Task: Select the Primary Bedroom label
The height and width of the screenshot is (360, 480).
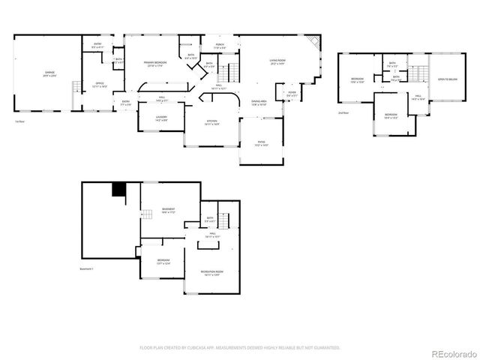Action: [154, 64]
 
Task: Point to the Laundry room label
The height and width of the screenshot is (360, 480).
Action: [161, 118]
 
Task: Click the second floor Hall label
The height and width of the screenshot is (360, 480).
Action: [418, 97]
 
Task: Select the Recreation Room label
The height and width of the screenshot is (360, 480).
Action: [214, 272]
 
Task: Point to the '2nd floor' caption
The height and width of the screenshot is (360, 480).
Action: [343, 112]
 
